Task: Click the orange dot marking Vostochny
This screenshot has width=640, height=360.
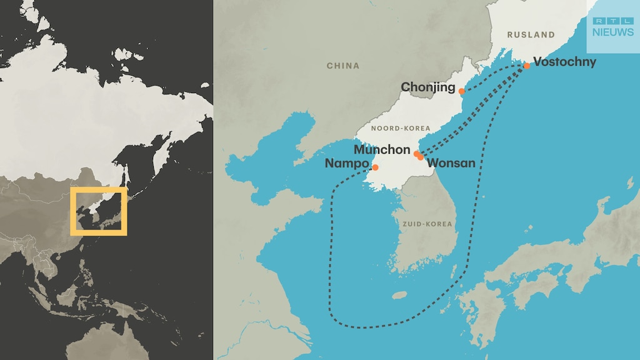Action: coord(526,66)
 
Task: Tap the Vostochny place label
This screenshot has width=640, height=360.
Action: coord(564,62)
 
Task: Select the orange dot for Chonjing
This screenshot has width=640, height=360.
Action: coord(461,91)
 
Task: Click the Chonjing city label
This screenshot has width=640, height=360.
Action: coord(427,87)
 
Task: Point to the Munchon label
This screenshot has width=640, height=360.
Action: coord(381,150)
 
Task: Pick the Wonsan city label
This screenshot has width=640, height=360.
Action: coord(451,163)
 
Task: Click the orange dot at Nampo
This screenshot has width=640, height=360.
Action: coord(375,167)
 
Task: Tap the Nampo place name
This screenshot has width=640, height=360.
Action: coord(346,164)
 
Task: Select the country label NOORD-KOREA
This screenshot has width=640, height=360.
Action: coord(401,128)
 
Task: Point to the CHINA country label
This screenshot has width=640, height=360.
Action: coord(343,66)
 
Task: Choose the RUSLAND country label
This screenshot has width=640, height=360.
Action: coord(531,35)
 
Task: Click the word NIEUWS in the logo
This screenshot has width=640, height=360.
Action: coord(612,32)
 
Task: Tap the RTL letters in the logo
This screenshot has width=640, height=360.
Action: coord(612,21)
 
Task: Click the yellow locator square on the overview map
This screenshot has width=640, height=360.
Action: coord(99,211)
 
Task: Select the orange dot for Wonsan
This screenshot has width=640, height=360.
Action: coord(421,157)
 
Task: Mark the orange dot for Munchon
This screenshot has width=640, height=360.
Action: coord(416,153)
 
